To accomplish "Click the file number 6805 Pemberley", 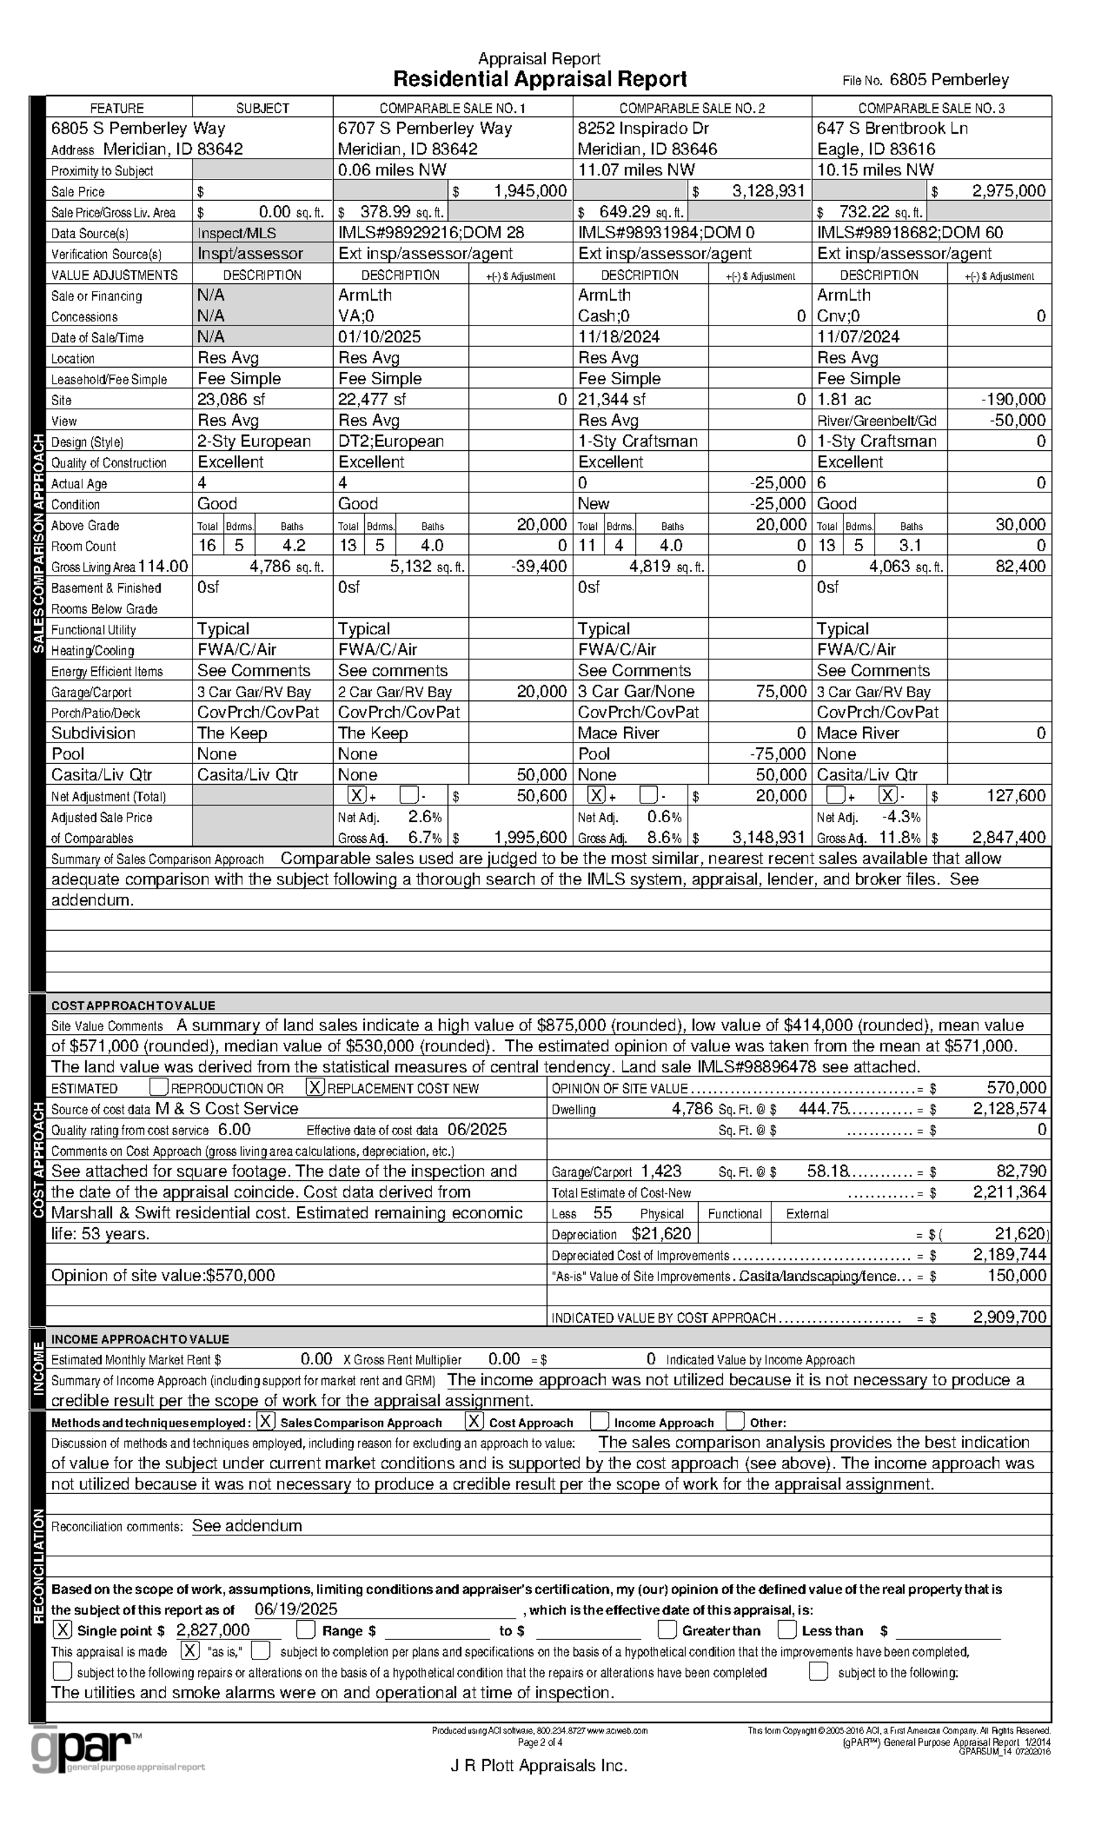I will coord(949,80).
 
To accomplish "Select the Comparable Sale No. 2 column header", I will coord(692,108).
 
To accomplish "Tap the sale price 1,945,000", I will coord(530,191).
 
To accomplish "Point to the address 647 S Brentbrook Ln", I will coord(892,128).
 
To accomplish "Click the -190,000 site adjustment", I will coord(1012,400).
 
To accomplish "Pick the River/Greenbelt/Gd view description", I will coord(876,420).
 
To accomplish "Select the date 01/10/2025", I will coord(379,337).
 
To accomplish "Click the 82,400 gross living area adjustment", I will coord(1020,567).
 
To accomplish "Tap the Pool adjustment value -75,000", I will coord(777,754).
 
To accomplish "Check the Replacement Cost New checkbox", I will coord(316,1087).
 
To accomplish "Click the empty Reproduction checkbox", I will coord(159,1087).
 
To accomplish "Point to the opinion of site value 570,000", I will coord(1016,1087).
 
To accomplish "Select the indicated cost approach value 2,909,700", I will coord(1009,1317).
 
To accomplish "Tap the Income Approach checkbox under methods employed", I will coord(599,1421).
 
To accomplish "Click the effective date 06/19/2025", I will coord(296,1609).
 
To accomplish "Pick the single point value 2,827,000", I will coord(213,1630).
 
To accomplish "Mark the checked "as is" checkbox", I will coord(190,1651).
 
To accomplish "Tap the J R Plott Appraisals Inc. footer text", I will coord(539,1765).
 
